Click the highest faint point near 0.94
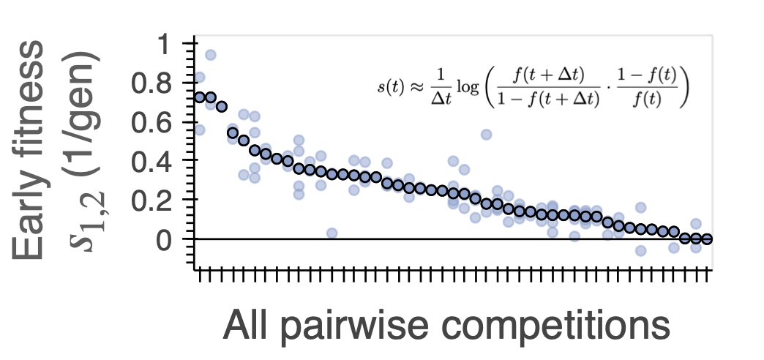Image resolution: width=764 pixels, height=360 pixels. pyautogui.click(x=211, y=55)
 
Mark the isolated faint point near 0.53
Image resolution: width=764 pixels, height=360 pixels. pyautogui.click(x=486, y=135)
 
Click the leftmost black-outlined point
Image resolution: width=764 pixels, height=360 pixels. pyautogui.click(x=200, y=97)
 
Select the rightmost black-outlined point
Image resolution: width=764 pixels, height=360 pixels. pyautogui.click(x=707, y=239)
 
